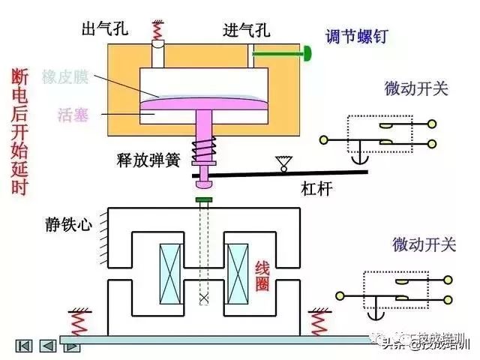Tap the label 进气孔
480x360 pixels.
(x=247, y=30)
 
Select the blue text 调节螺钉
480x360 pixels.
(x=356, y=36)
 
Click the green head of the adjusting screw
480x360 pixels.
(x=307, y=53)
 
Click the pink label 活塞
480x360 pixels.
(x=73, y=115)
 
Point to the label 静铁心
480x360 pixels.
(x=67, y=223)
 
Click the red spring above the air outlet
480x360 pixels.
(x=158, y=30)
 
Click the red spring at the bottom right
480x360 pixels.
(x=320, y=323)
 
